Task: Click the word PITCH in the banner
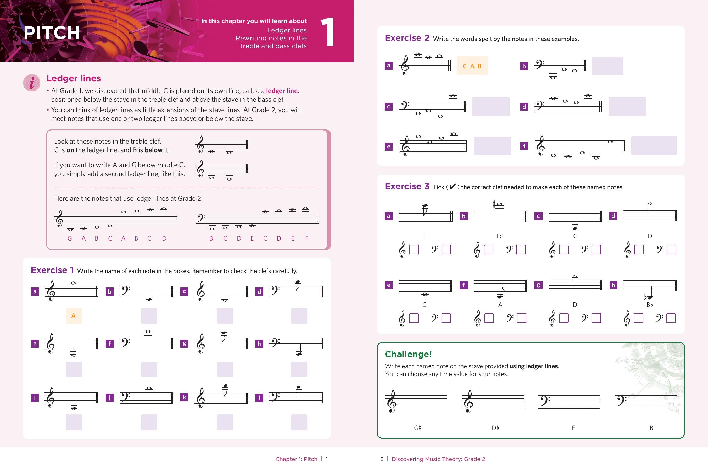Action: point(52,33)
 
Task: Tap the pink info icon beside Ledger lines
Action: point(32,83)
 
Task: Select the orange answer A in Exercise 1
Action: point(73,316)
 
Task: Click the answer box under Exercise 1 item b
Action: point(149,316)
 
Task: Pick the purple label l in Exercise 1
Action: point(259,398)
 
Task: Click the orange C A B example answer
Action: point(472,66)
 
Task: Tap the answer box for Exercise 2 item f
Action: point(654,146)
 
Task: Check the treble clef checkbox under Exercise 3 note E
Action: point(414,249)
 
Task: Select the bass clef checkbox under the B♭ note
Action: point(671,318)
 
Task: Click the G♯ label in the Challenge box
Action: point(417,428)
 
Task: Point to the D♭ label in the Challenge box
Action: point(495,428)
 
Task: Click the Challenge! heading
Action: point(408,354)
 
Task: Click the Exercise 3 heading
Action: point(407,186)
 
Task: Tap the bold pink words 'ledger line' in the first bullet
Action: point(282,91)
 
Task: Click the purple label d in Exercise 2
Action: point(524,107)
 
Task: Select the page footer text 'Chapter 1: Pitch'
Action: point(296,459)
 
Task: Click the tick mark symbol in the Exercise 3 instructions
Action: point(452,187)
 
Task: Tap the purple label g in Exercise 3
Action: point(538,285)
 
